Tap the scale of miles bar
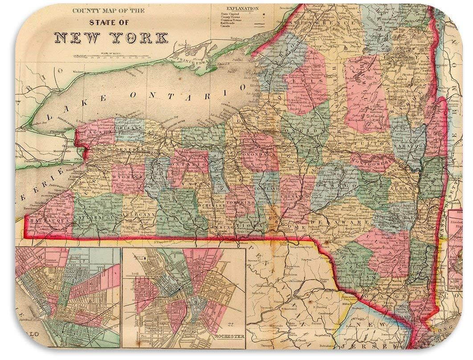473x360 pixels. point(111,57)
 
